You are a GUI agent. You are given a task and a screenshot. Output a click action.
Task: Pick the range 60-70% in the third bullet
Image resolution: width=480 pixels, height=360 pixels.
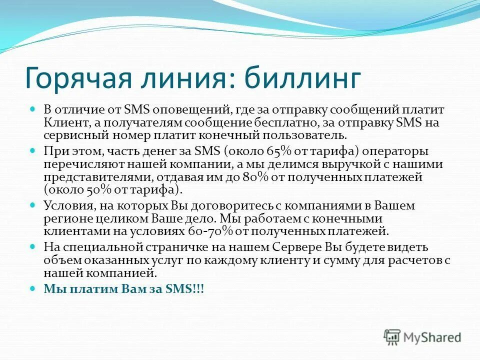tap(206, 231)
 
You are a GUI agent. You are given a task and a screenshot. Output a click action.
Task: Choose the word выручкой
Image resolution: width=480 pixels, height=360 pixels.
tap(314, 164)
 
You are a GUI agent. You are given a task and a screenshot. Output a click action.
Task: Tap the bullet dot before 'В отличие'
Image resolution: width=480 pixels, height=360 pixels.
tap(33, 108)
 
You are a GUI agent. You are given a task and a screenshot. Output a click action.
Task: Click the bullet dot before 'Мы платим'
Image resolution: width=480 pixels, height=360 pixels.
tap(33, 288)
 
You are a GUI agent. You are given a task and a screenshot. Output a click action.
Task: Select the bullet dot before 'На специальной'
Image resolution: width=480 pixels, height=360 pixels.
tap(33, 246)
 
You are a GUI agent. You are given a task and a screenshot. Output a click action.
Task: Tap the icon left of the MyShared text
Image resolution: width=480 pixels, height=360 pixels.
tap(392, 337)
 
